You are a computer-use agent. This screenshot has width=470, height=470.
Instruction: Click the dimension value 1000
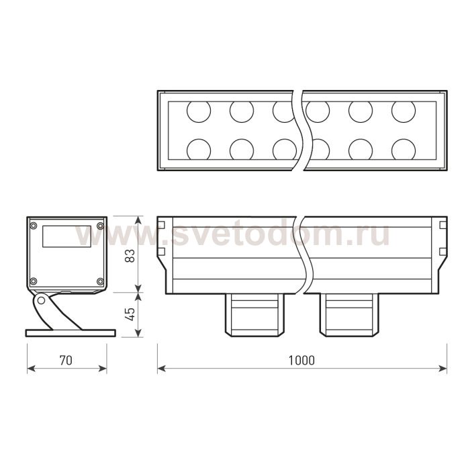pos(301,361)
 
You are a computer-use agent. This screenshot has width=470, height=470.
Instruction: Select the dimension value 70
pos(66,361)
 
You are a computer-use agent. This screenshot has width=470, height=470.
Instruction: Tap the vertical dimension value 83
pos(130,256)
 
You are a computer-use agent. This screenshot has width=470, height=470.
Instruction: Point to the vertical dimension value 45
pos(130,314)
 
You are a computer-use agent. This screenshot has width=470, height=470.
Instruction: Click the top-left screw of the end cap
pos(34,226)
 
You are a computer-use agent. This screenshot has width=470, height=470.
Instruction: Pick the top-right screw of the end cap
pos(100,226)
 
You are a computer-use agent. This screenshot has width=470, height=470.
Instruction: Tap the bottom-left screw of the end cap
pos(34,281)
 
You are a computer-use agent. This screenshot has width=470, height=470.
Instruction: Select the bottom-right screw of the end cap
pos(100,281)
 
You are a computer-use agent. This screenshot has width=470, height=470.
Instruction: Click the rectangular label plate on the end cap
pos(67,236)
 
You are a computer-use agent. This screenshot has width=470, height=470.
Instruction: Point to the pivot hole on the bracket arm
pos(41,300)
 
